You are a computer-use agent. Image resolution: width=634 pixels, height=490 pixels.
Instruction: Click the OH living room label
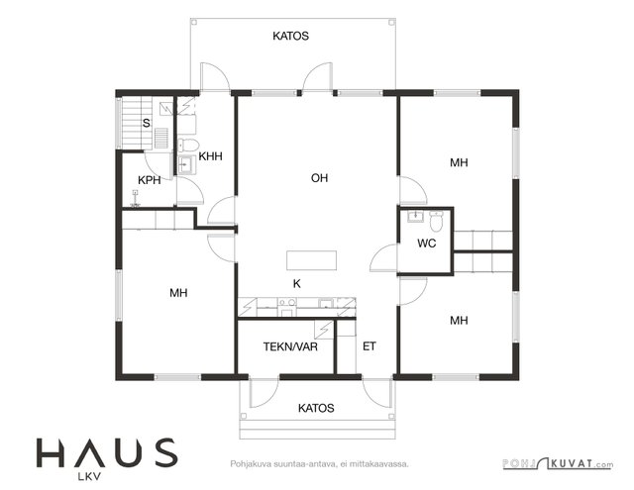pyautogui.click(x=319, y=178)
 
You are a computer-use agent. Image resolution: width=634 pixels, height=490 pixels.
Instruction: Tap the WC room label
pyautogui.click(x=427, y=244)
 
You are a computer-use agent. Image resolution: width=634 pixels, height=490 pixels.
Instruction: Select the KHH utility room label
pyautogui.click(x=210, y=156)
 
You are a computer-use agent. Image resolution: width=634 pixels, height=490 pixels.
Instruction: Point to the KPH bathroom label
pyautogui.click(x=150, y=180)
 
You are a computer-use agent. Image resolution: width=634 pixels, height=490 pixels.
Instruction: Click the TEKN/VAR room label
pyautogui.click(x=290, y=346)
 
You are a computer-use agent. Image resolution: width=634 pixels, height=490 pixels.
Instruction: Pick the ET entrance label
pyautogui.click(x=370, y=346)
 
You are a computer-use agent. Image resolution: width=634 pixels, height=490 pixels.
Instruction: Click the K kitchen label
pyautogui.click(x=297, y=284)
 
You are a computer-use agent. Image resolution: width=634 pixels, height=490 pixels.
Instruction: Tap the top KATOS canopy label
pyautogui.click(x=290, y=36)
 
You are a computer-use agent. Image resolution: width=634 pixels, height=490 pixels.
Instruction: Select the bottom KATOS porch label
pyautogui.click(x=316, y=408)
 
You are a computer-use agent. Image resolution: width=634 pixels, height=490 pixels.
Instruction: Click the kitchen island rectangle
pyautogui.click(x=311, y=260)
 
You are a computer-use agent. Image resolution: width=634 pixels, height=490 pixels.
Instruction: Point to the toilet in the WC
pyautogui.click(x=437, y=220)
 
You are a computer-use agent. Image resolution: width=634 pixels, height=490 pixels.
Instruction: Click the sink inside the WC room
pyautogui.click(x=415, y=216)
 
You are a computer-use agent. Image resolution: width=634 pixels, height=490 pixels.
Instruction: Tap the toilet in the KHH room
pyautogui.click(x=188, y=145)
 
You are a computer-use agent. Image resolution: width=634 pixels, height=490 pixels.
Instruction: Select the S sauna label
pyautogui.click(x=147, y=123)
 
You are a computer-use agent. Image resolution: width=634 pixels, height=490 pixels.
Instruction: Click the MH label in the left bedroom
pyautogui.click(x=178, y=293)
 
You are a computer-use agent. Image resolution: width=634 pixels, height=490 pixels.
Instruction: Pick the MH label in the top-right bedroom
pyautogui.click(x=459, y=162)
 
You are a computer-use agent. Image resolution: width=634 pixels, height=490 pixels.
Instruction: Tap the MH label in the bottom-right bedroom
pyautogui.click(x=459, y=321)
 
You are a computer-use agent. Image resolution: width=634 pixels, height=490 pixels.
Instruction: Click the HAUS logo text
pyautogui.click(x=107, y=452)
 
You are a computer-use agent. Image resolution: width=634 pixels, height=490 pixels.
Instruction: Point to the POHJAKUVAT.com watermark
pyautogui.click(x=558, y=463)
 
